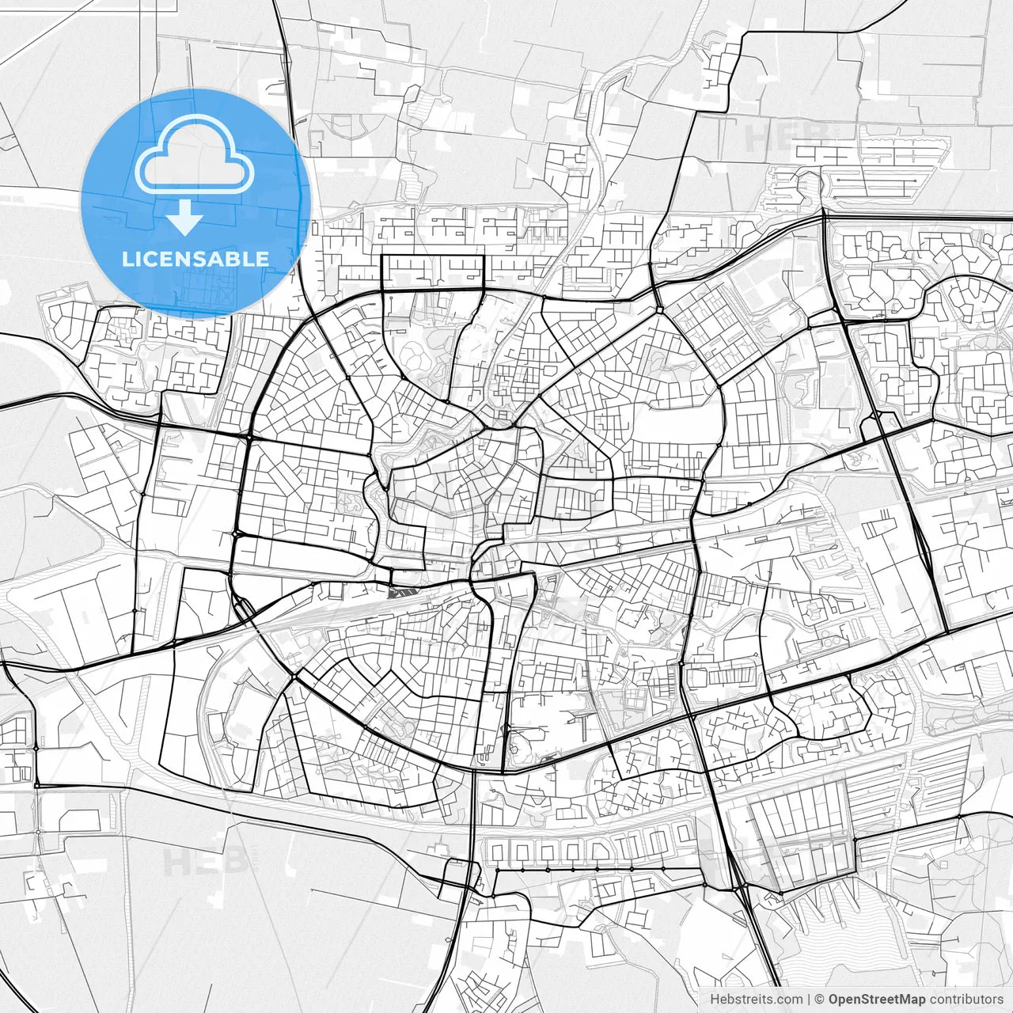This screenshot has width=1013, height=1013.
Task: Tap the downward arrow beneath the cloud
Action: tap(185, 217)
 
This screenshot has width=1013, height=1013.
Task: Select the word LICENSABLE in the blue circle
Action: tap(195, 260)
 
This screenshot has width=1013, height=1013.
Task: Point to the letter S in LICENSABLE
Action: tap(205, 260)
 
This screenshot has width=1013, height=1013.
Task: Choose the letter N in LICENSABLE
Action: tap(187, 260)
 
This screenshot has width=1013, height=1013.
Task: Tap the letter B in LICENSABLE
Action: tap(238, 260)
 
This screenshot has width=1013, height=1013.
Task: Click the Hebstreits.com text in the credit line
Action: tap(756, 1000)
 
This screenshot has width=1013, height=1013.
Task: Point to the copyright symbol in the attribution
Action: tap(820, 1000)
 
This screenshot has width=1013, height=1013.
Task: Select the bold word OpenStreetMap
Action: tap(877, 1000)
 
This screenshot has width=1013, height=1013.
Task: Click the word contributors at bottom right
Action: tap(966, 1000)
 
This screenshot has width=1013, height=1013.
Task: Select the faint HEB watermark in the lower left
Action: tap(196, 861)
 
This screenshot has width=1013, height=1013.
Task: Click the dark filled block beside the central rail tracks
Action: tap(401, 590)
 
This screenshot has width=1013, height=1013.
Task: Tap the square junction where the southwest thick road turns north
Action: tap(36, 786)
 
